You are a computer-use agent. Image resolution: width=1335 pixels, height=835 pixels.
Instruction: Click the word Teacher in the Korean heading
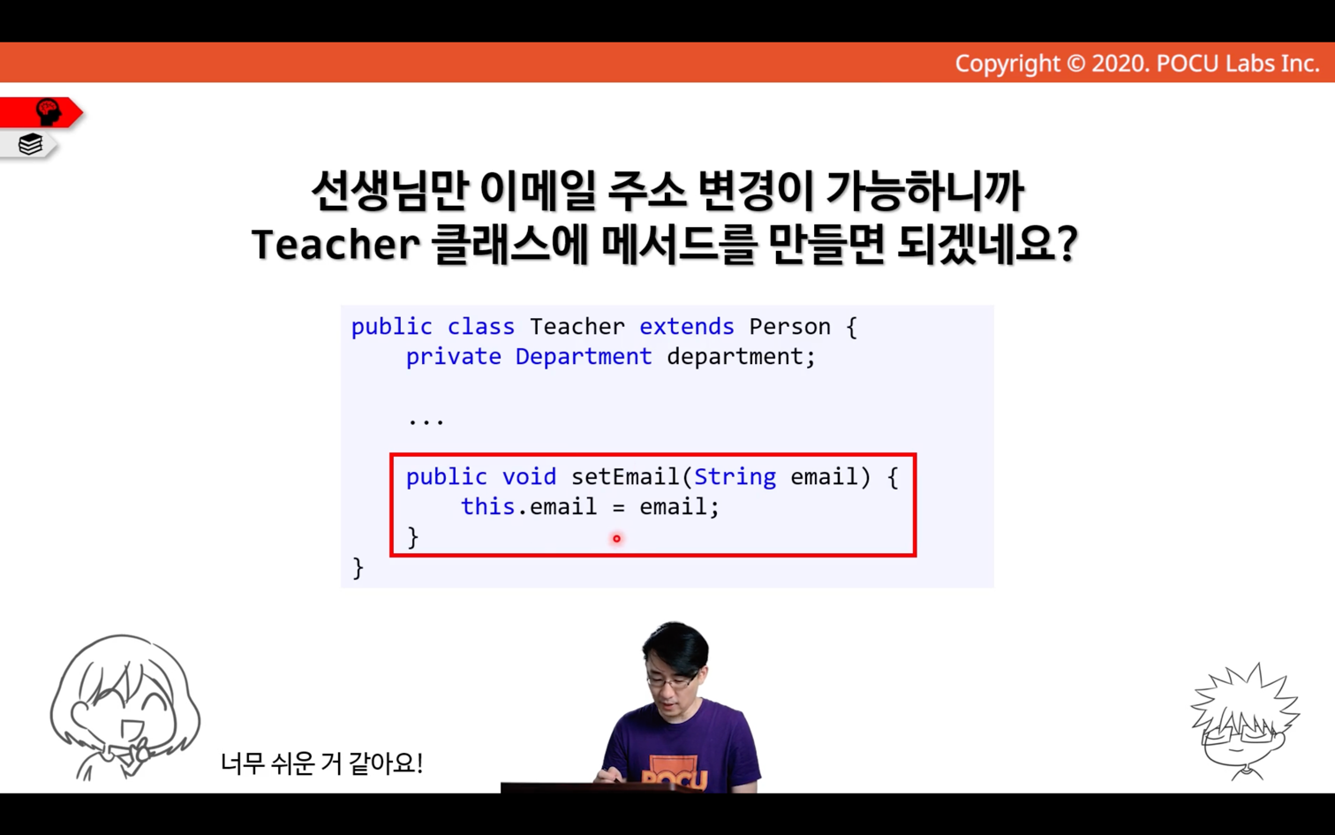[336, 244]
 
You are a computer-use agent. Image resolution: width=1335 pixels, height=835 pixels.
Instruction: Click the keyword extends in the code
[687, 327]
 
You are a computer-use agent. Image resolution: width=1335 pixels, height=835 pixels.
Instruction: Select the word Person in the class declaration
[789, 327]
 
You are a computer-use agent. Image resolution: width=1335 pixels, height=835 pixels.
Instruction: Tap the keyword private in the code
[453, 357]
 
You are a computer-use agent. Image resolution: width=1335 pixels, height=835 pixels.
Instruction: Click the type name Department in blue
[584, 357]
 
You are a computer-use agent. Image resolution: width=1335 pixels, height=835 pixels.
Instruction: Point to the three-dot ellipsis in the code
[426, 421]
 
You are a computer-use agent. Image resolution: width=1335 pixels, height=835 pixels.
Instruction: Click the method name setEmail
[625, 476]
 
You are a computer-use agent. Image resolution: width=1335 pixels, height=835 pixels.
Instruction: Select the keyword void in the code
[529, 476]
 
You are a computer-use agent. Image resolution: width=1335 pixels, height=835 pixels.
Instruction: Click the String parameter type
[735, 476]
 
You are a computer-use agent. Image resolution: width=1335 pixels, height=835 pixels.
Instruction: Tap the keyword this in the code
[487, 506]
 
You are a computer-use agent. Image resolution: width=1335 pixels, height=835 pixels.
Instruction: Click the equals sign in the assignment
[618, 507]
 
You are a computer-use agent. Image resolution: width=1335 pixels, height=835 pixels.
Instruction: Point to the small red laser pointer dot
[616, 539]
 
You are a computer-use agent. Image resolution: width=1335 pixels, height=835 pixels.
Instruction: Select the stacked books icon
[30, 144]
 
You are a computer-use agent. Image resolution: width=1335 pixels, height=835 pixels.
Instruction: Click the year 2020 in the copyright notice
[1119, 64]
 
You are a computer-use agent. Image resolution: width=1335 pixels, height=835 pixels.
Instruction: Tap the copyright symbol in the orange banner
[1075, 64]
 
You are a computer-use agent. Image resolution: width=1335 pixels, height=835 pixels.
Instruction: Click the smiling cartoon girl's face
[125, 707]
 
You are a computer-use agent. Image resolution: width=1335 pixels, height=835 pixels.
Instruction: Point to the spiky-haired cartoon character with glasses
[1246, 723]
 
